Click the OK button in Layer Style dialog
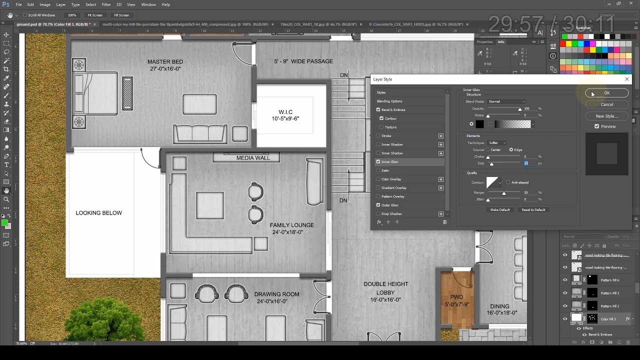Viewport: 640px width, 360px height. pos(606,93)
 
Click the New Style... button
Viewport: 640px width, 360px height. pos(606,116)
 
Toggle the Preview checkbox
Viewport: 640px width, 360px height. pos(597,126)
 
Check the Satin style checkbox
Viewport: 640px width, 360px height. pos(378,170)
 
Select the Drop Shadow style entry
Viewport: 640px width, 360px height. pos(391,214)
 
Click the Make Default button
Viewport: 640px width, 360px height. pos(500,210)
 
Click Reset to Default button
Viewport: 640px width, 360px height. pos(533,210)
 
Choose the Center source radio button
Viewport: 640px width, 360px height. pos(488,149)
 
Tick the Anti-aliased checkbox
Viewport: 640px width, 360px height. pos(508,182)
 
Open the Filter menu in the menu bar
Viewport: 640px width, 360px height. pos(106,4)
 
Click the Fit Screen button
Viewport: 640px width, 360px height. pos(95,15)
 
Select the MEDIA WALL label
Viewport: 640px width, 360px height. pos(253,158)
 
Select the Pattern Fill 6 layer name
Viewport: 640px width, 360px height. pos(610,280)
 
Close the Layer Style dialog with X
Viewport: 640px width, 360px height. pos(627,79)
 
